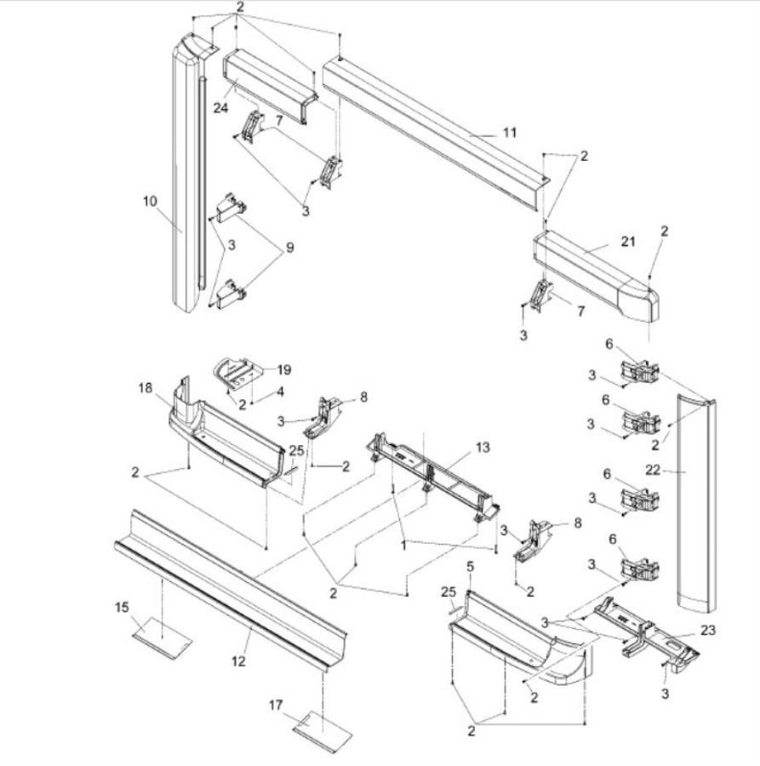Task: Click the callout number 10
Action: click(x=151, y=201)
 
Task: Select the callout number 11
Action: click(x=509, y=133)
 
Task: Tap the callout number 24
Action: click(x=221, y=107)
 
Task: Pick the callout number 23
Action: click(x=709, y=631)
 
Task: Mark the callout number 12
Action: click(x=239, y=660)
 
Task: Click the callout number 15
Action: click(x=123, y=607)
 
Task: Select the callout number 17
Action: click(x=276, y=705)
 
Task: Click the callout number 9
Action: click(x=289, y=248)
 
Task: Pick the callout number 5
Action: click(x=469, y=567)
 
